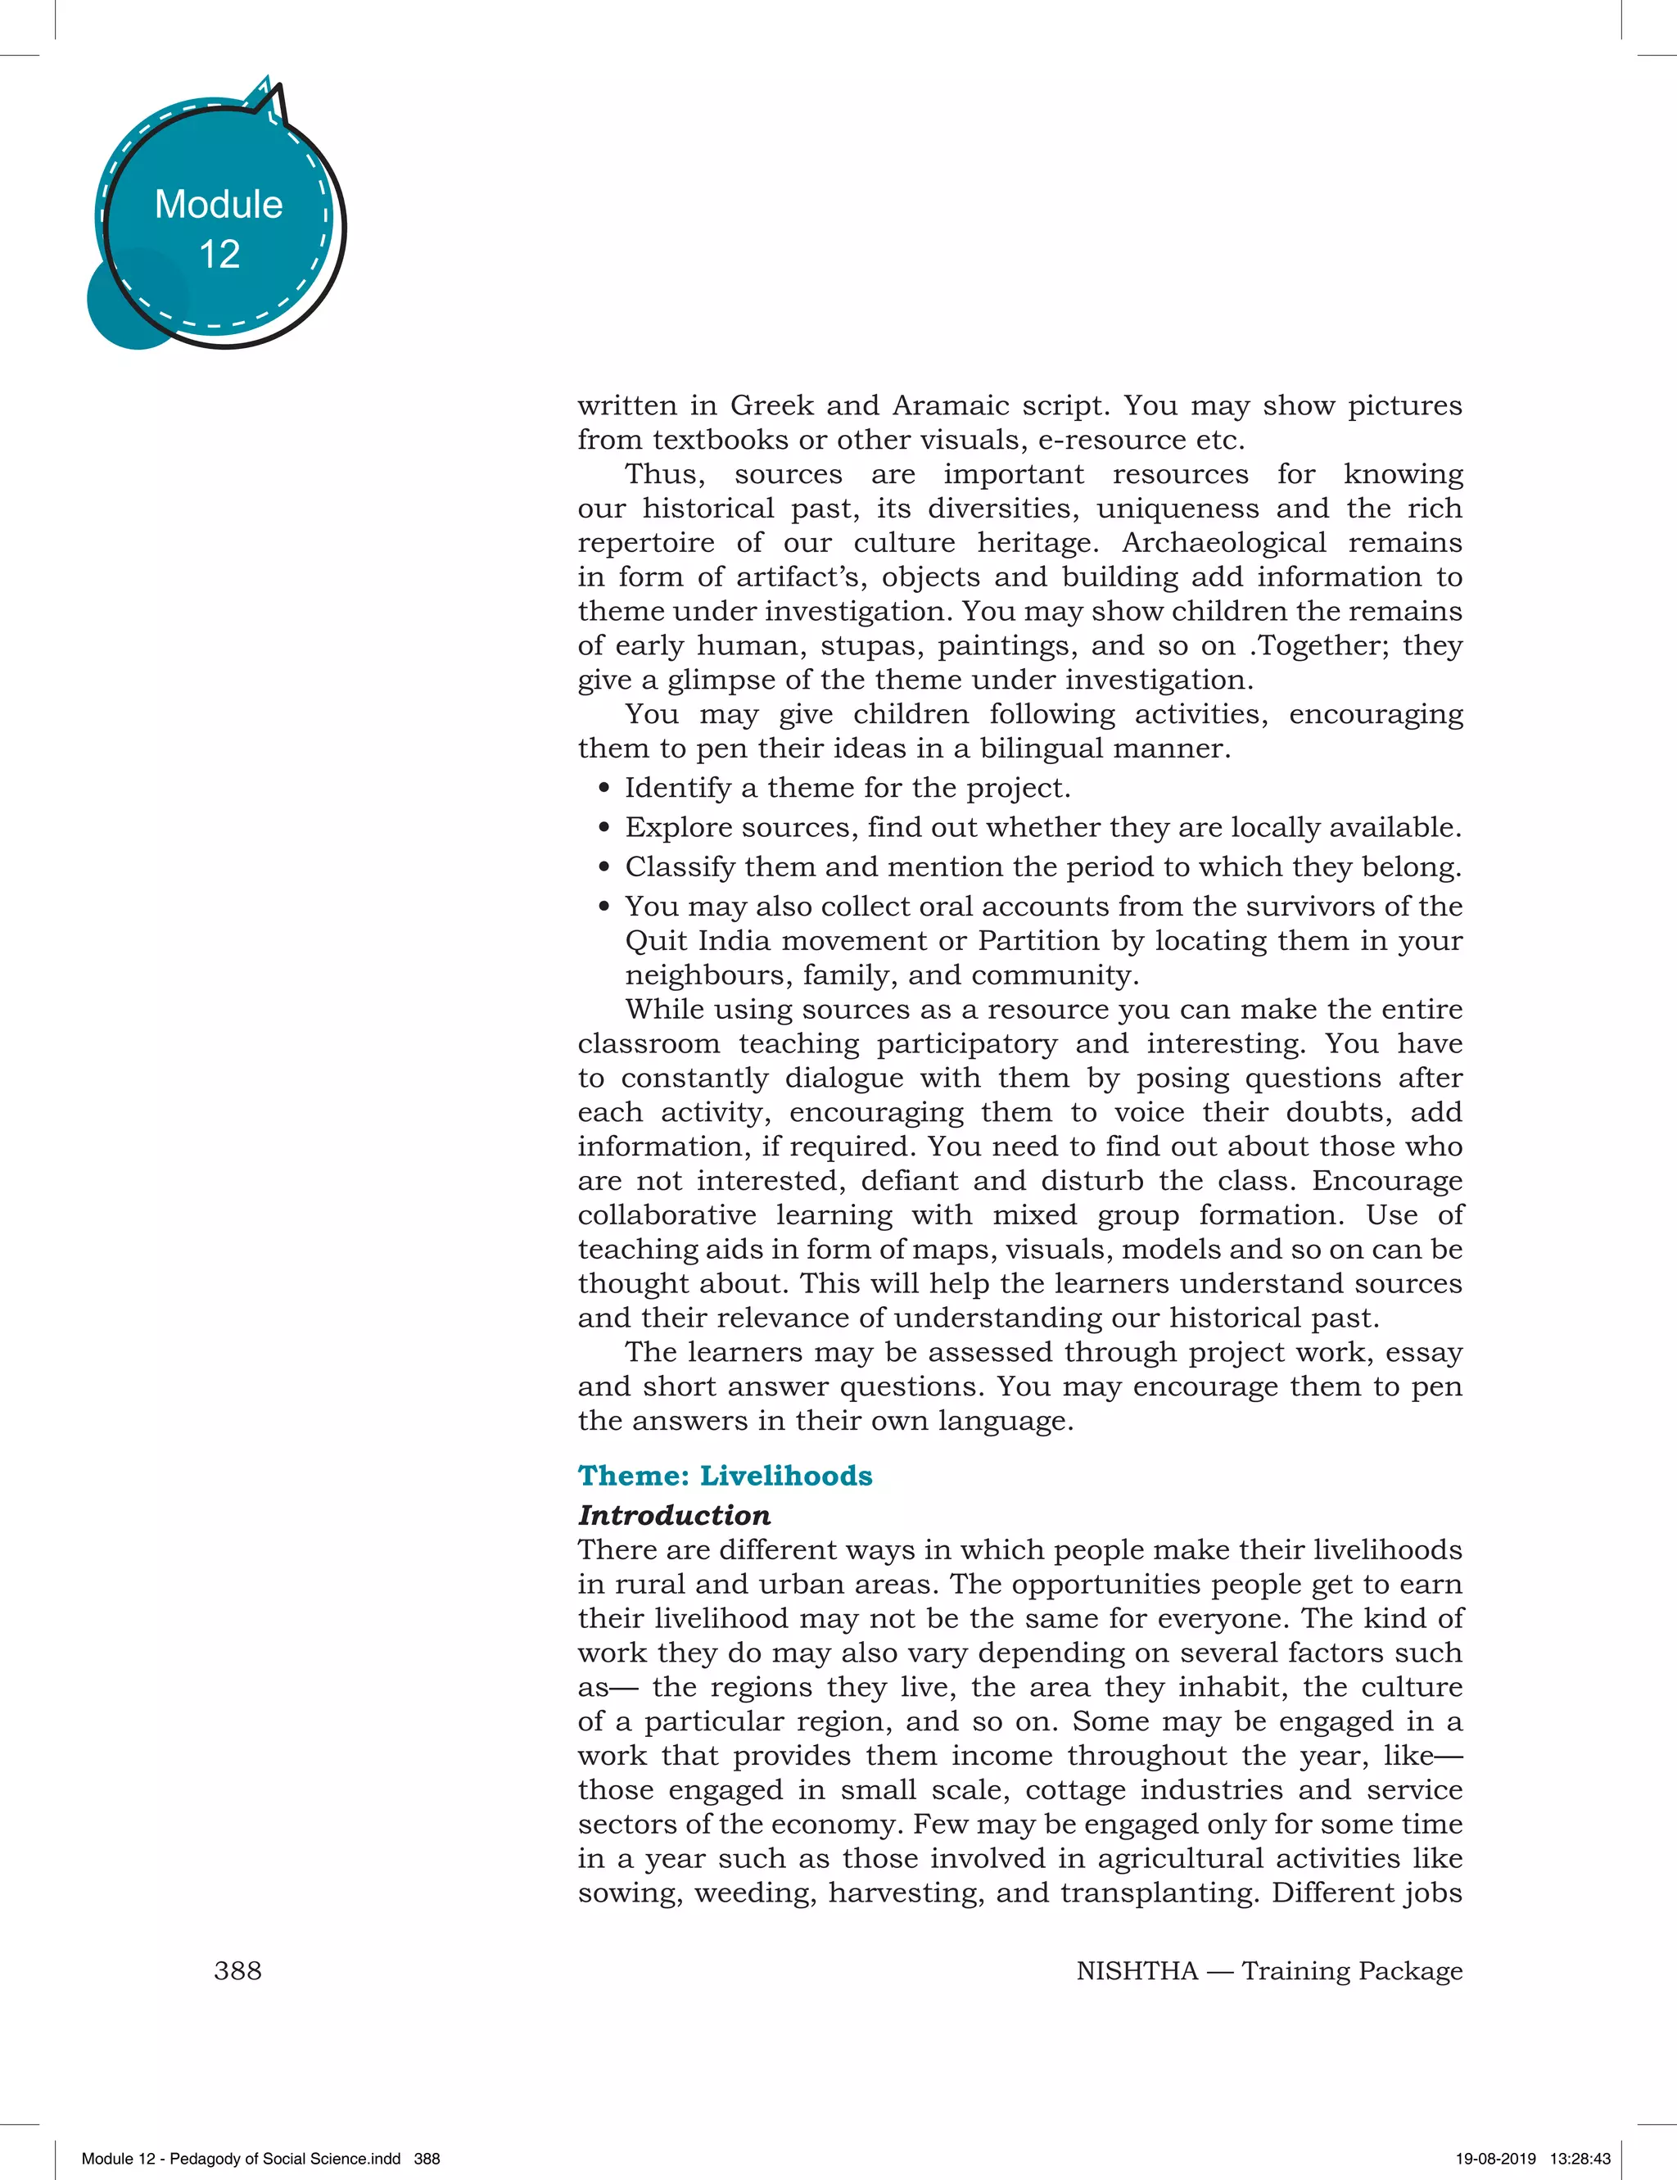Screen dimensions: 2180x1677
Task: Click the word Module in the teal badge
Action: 219,205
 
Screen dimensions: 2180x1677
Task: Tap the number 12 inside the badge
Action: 219,255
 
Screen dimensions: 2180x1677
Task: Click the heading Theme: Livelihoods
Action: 725,1475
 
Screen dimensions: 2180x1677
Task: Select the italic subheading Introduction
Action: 674,1515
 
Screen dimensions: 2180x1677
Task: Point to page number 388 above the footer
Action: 237,1970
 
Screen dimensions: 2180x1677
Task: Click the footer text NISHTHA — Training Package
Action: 1268,1970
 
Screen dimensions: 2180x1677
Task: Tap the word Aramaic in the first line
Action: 949,405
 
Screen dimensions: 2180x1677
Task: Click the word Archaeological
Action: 1224,542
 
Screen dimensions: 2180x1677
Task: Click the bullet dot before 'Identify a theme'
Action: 604,789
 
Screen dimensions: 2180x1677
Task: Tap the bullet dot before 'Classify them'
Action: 604,867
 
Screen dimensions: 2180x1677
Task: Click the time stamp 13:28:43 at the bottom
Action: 1580,2158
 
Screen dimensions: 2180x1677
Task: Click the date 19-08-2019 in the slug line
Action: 1495,2158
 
